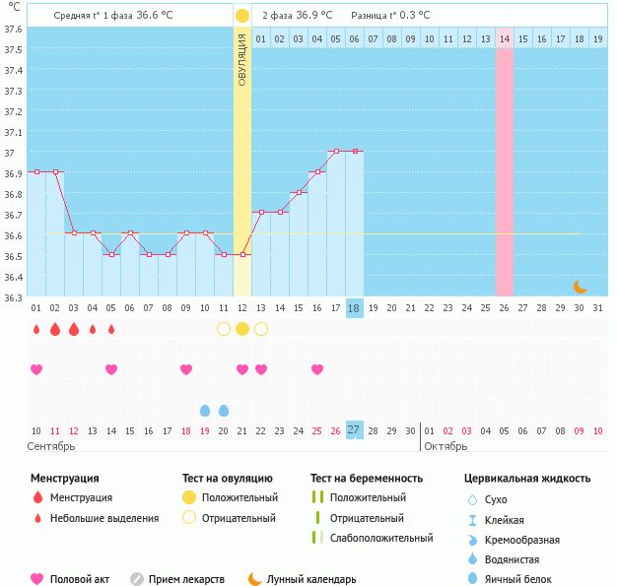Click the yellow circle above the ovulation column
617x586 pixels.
coord(242,16)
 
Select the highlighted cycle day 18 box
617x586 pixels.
coord(354,308)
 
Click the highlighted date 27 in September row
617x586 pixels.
coord(354,430)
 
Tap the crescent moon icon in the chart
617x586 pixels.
coord(581,287)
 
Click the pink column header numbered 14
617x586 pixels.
coord(505,38)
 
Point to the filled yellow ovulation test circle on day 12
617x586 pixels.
coord(242,329)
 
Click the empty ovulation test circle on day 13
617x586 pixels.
coord(261,329)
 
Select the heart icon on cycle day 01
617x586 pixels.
coord(36,369)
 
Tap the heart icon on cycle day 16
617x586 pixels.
coord(317,369)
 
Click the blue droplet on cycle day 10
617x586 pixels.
coord(205,410)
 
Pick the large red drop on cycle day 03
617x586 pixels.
coord(74,329)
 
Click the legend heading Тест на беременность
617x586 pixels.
coord(366,479)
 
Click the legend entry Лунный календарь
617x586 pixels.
coord(313,579)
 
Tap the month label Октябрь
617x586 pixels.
coord(447,447)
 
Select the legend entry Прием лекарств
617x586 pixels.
coord(186,579)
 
